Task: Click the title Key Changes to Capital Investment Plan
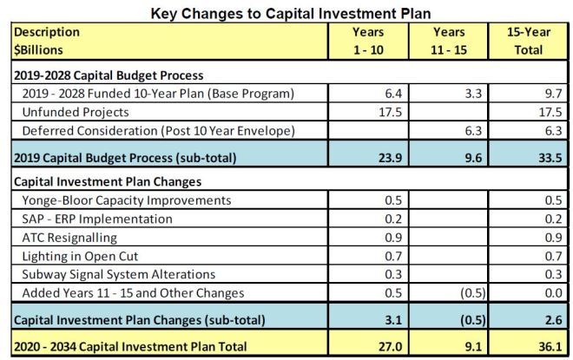click(286, 12)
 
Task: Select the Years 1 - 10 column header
click(367, 40)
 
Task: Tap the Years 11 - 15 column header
click(450, 40)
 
